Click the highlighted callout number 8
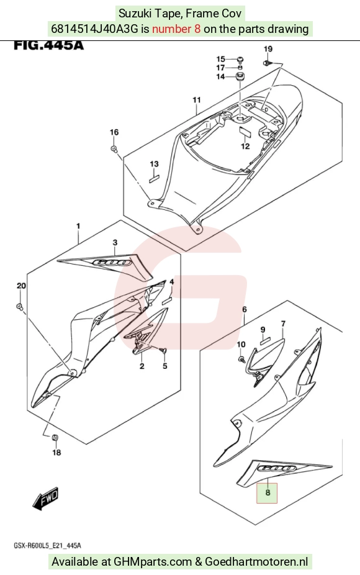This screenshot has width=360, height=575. point(268,492)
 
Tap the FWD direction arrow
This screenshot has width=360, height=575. point(46,498)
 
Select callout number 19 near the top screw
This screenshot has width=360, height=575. point(268,49)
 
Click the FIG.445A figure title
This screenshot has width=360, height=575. point(49,45)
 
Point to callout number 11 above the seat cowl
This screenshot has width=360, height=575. point(197,100)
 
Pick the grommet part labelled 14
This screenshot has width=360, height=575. point(240,78)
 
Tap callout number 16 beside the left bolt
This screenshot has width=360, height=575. point(114,132)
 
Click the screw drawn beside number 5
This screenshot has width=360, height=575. point(163,351)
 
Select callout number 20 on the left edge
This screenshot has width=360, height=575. point(21,286)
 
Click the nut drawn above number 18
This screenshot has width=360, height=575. point(56,438)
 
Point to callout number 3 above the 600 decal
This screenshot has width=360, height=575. point(115,242)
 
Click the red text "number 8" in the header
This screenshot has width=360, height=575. point(176,29)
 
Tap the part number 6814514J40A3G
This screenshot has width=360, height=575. point(94,29)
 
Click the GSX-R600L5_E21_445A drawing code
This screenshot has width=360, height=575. point(47,546)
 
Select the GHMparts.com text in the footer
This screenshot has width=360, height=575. point(153,561)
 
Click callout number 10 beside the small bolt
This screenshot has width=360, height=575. point(241,345)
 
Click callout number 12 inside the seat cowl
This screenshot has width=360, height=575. point(245,146)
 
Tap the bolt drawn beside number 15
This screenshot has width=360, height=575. point(240,59)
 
